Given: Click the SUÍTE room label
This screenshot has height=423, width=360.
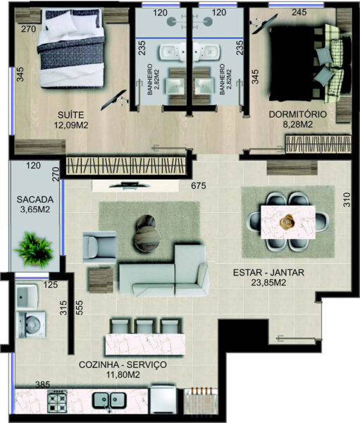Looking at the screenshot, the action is click(x=70, y=115).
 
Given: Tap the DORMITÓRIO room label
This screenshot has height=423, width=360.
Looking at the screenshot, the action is click(x=298, y=114).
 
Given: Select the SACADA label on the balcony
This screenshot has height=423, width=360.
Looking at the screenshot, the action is click(x=35, y=200).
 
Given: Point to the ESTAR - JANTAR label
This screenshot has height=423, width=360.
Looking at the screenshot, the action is click(x=268, y=272).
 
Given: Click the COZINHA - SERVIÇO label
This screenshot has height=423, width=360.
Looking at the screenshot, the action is click(x=123, y=364).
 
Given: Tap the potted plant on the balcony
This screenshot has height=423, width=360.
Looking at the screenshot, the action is click(x=35, y=250).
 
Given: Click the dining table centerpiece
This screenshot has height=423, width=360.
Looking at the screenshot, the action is click(x=287, y=222).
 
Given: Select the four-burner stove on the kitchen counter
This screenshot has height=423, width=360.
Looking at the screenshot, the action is click(x=57, y=401).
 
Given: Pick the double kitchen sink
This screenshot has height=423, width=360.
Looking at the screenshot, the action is click(x=109, y=400).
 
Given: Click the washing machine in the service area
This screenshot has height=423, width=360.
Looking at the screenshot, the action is click(x=30, y=324).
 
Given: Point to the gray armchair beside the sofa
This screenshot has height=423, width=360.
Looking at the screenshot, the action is click(x=99, y=247).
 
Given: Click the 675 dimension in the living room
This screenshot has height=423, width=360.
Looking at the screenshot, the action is click(x=199, y=185).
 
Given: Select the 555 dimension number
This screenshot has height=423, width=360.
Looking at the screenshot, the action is click(x=80, y=308).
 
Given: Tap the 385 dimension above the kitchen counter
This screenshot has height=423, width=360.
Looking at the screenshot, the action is click(x=42, y=385).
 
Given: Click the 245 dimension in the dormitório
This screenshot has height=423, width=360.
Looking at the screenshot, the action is click(x=299, y=12).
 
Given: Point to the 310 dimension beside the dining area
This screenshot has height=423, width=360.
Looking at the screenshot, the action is click(x=347, y=200).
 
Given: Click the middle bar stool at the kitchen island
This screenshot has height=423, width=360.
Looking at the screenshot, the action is click(x=145, y=326).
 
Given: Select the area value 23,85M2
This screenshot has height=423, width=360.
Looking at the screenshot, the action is click(x=268, y=283).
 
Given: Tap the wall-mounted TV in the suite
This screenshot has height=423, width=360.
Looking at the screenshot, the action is click(x=114, y=100).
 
